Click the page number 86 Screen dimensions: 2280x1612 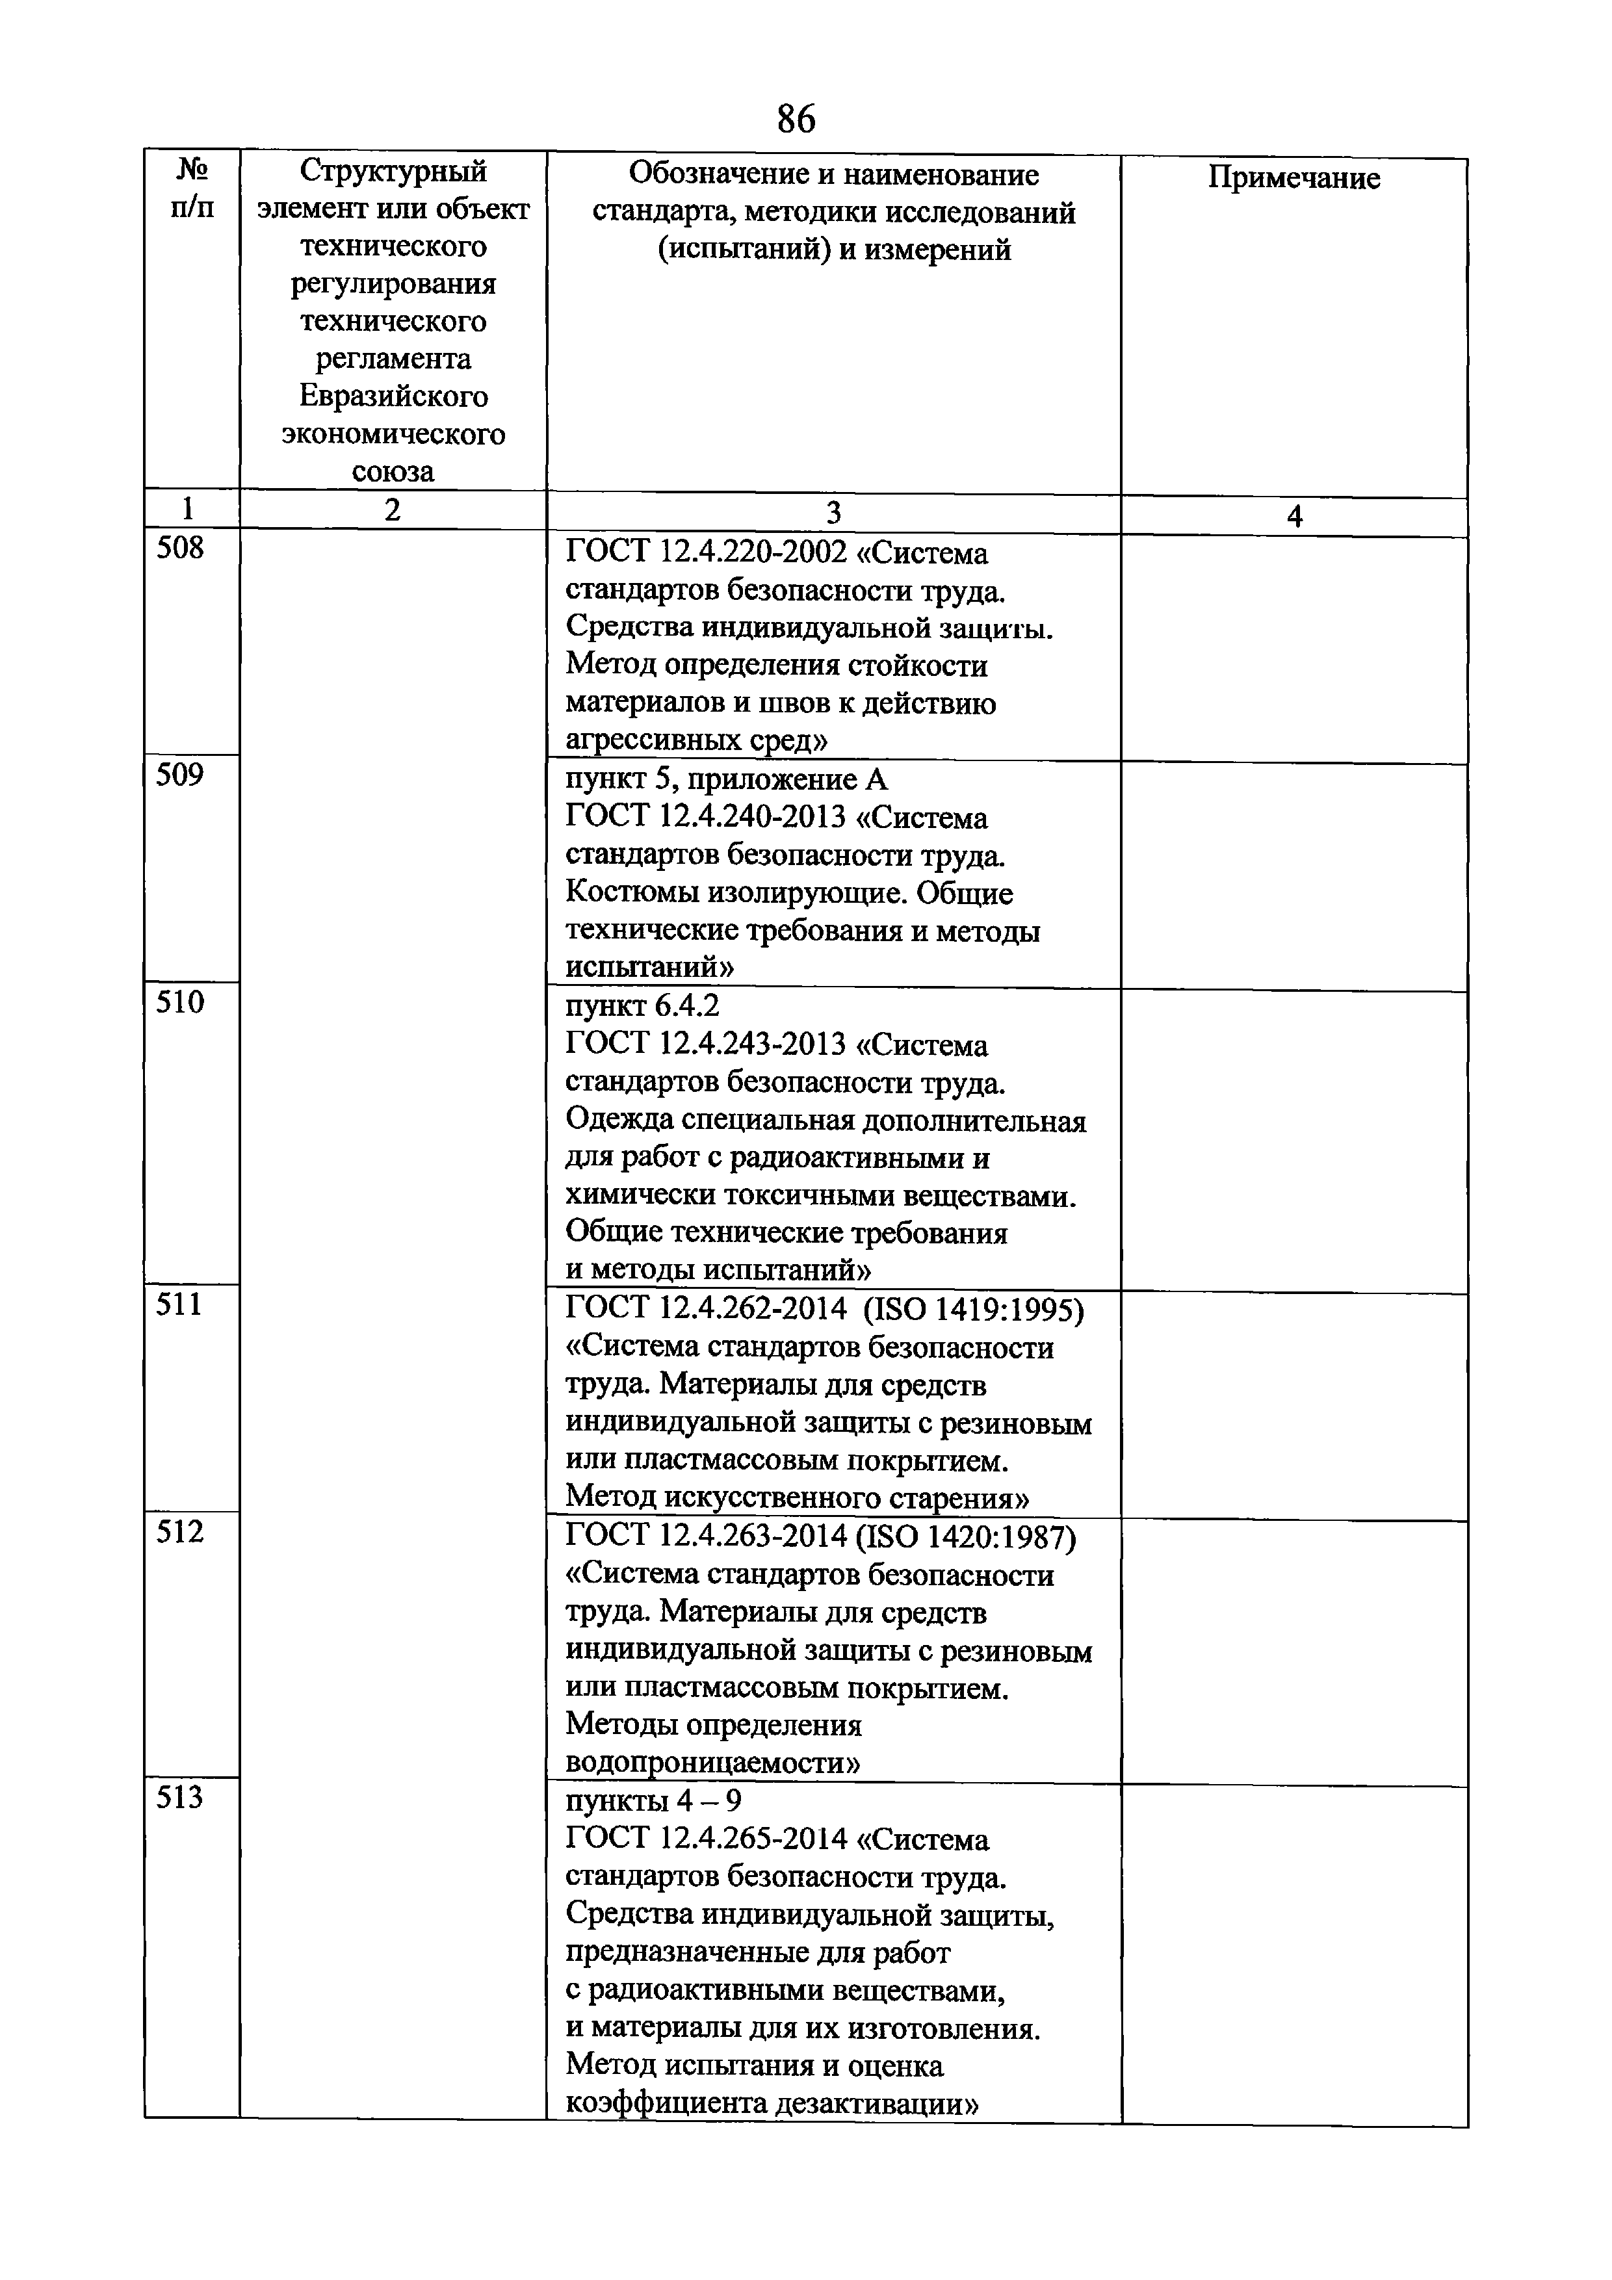(x=796, y=118)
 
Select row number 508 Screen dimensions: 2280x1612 (x=180, y=548)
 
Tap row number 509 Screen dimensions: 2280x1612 (x=180, y=775)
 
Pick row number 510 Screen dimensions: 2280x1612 (x=180, y=1002)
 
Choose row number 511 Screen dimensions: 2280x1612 (x=180, y=1304)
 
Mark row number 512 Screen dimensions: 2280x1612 (x=180, y=1531)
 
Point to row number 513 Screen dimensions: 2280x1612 (x=180, y=1796)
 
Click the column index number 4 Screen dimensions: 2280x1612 (x=1294, y=515)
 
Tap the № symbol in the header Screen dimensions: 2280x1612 (x=192, y=171)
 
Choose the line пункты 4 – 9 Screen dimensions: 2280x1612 (x=653, y=1800)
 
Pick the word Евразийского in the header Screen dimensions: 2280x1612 (x=393, y=396)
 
